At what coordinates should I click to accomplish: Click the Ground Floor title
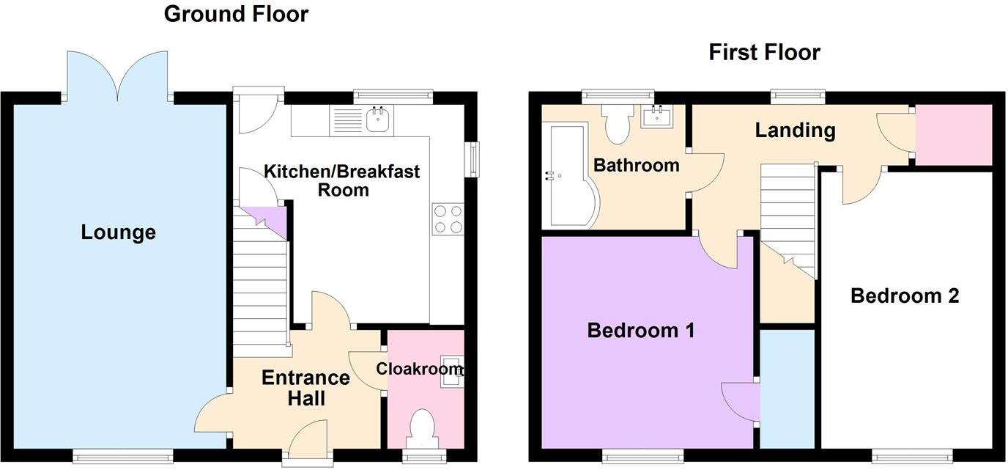pos(236,14)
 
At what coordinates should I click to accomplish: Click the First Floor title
pos(764,53)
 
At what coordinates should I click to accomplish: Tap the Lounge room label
pos(118,233)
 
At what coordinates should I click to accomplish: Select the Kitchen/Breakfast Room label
pos(342,180)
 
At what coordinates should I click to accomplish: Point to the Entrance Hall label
pos(305,388)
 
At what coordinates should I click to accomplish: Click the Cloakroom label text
pos(420,369)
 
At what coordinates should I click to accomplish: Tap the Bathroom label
pos(636,165)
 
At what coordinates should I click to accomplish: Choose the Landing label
pos(795,131)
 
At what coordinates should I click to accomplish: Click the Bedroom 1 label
pos(641,331)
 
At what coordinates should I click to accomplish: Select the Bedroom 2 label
pos(905,296)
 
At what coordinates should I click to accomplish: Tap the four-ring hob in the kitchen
pos(448,219)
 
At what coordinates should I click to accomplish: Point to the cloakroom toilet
pos(422,430)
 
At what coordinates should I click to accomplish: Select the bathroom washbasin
pos(657,117)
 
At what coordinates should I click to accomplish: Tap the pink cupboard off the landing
pos(954,135)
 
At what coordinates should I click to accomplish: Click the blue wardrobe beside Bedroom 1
pos(787,389)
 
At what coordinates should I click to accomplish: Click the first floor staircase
pos(788,216)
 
